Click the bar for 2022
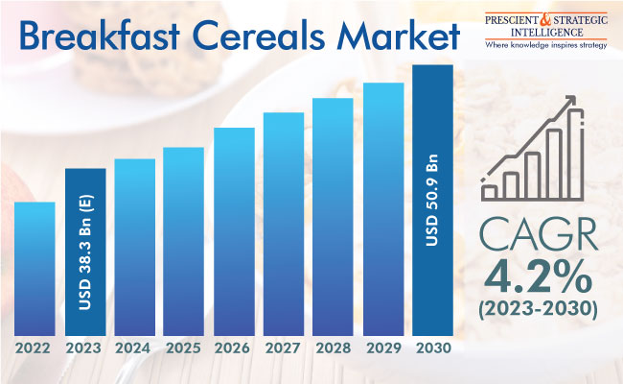click(x=35, y=269)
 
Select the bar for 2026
click(x=234, y=231)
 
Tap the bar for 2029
click(x=383, y=209)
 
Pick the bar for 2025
click(x=184, y=242)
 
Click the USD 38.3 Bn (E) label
click(x=85, y=252)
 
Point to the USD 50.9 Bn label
click(x=432, y=200)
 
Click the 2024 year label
click(x=132, y=348)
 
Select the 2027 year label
click(x=283, y=348)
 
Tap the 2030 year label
click(x=433, y=348)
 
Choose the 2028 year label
click(x=334, y=348)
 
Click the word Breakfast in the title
click(x=100, y=36)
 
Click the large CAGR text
click(x=539, y=235)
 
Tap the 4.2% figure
click(x=538, y=276)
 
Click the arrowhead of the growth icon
click(x=570, y=101)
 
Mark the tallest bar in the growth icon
click(x=576, y=154)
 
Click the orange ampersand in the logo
click(x=546, y=21)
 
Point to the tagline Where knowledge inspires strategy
click(x=546, y=45)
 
